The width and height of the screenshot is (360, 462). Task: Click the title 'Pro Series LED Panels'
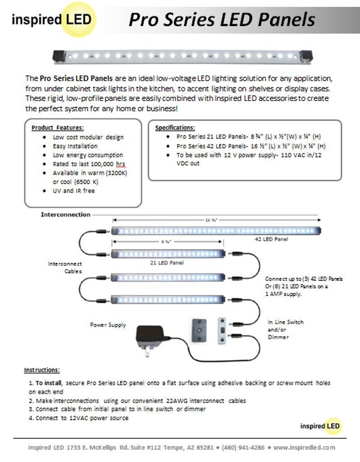point(221,19)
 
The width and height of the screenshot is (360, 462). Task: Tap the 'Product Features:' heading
point(58,128)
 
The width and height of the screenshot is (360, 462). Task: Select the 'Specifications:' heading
point(175,128)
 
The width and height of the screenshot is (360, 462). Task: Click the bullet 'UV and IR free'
point(74,191)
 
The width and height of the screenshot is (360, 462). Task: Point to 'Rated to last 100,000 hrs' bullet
point(89,164)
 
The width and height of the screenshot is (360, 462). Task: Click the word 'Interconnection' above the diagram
point(66,215)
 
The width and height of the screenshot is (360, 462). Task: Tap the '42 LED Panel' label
point(268,239)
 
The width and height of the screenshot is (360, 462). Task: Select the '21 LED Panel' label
point(166,262)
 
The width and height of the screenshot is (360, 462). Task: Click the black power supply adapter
point(150,340)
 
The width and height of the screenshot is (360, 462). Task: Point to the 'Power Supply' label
point(108,325)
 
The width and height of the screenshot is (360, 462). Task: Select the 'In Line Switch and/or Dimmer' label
point(285,329)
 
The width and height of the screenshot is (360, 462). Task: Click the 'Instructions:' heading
point(42,370)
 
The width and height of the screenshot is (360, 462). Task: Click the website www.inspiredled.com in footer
point(304,447)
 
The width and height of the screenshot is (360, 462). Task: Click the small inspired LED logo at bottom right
point(321,426)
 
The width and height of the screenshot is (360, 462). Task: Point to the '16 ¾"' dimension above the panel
point(211,220)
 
